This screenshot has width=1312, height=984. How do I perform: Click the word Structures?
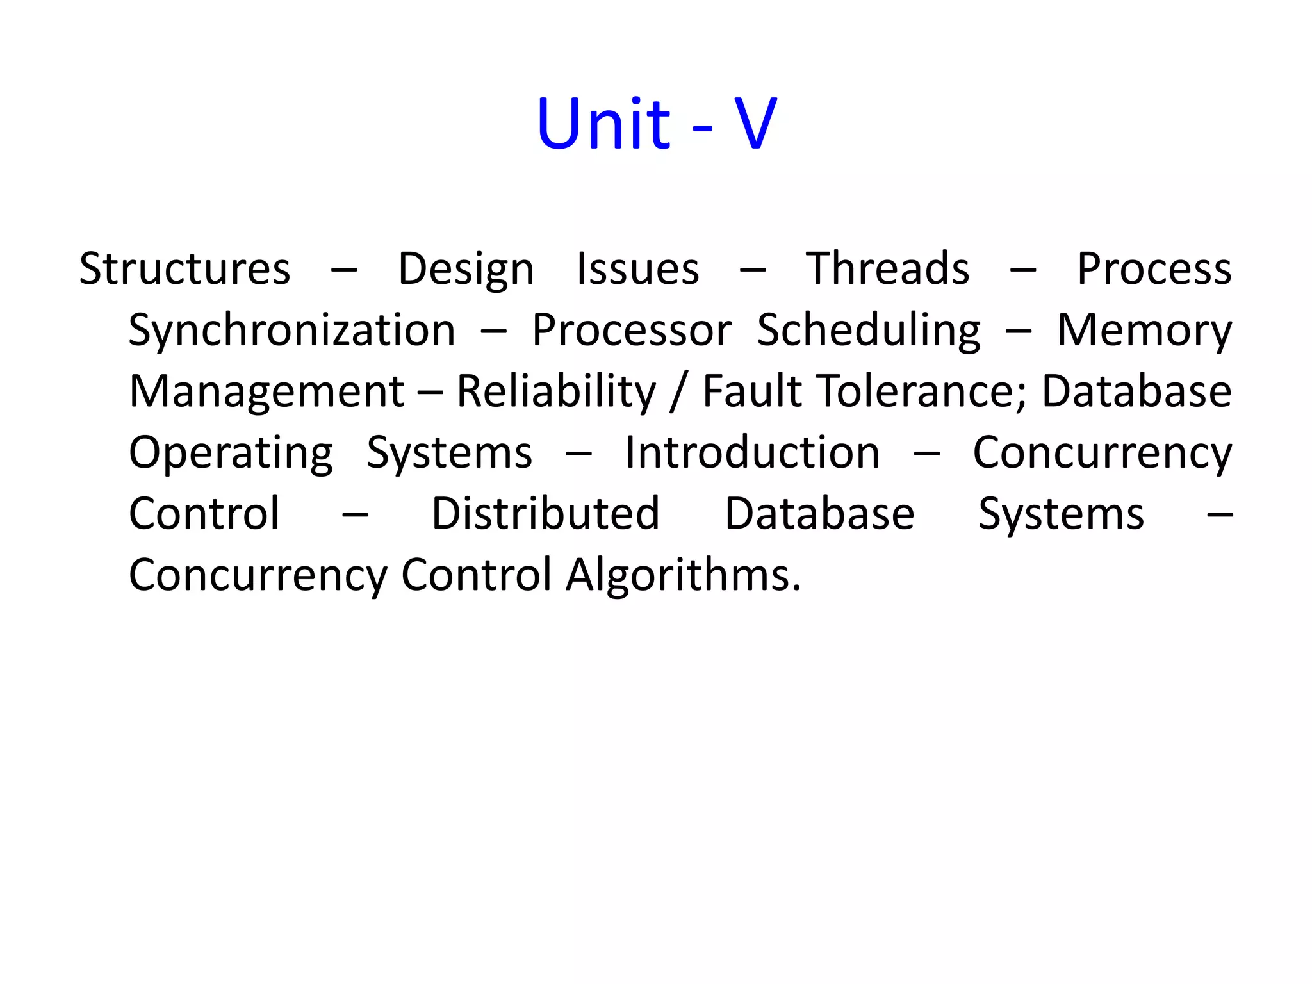184,268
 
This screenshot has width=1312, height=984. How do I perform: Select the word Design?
466,268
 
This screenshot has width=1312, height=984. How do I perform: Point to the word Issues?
637,268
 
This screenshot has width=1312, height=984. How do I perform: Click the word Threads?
887,268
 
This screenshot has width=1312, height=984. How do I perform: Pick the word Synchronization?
291,331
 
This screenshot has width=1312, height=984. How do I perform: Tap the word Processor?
632,331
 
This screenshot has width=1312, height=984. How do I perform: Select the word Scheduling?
868,331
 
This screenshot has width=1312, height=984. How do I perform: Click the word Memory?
1144,331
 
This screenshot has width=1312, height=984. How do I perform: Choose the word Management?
266,391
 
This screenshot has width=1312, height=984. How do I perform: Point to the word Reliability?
556,391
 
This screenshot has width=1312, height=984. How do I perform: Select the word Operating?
231,453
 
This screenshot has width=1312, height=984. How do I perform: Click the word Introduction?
752,453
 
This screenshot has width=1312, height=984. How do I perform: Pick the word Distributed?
545,514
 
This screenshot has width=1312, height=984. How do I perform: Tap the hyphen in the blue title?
702,127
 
